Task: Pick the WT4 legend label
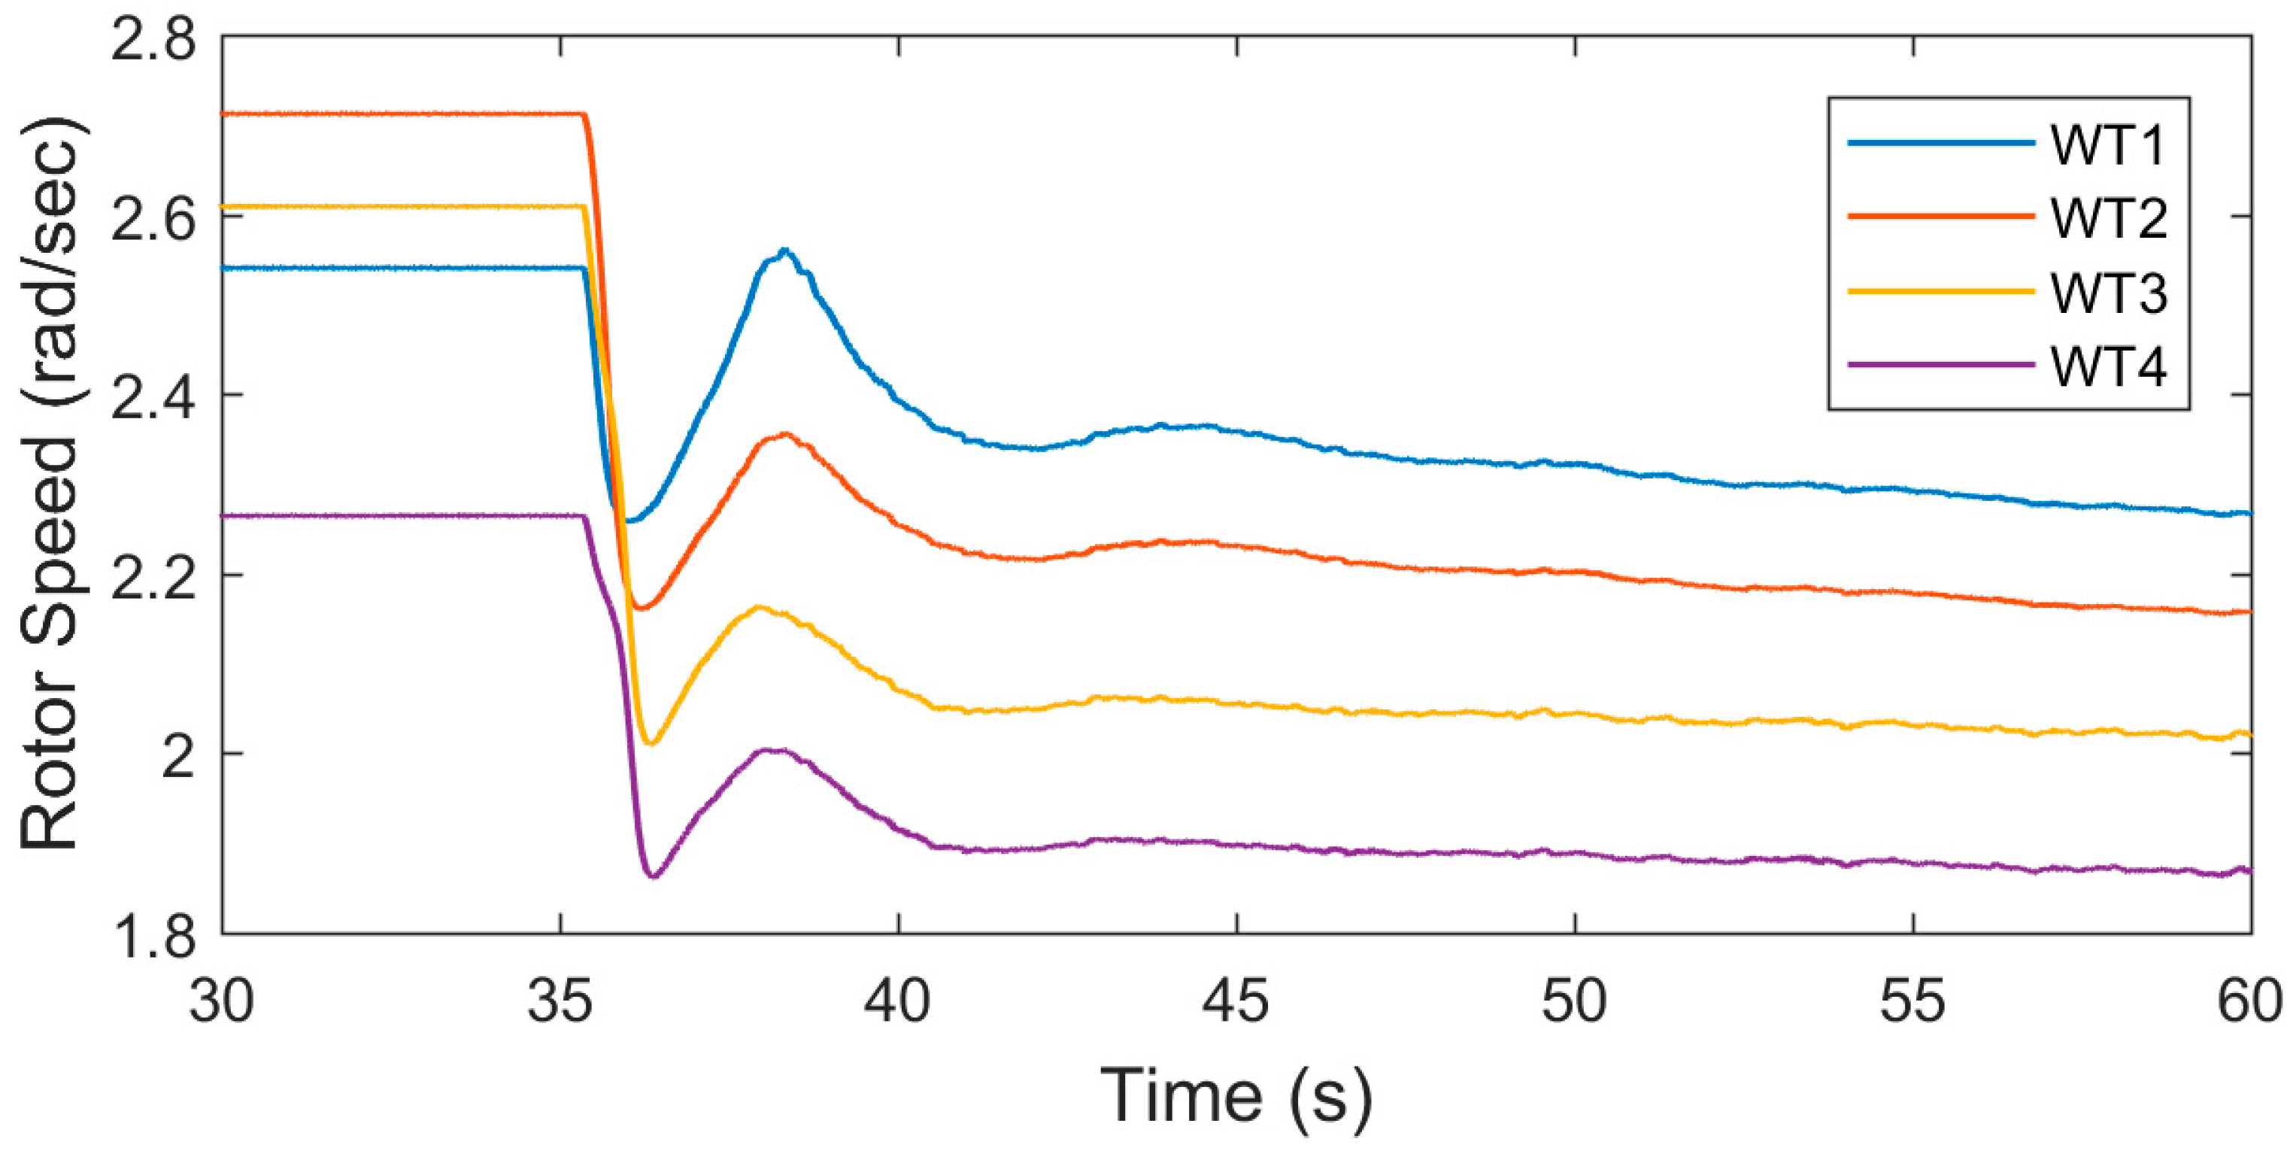point(2107,366)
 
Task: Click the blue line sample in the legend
point(1940,143)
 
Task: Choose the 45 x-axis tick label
point(1236,1002)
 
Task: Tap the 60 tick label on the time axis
point(2249,1002)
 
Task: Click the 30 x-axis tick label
point(222,1002)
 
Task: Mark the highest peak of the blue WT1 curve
point(784,251)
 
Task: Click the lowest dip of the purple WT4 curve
point(654,876)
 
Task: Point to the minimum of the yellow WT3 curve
point(649,742)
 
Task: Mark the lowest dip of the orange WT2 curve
point(641,608)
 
